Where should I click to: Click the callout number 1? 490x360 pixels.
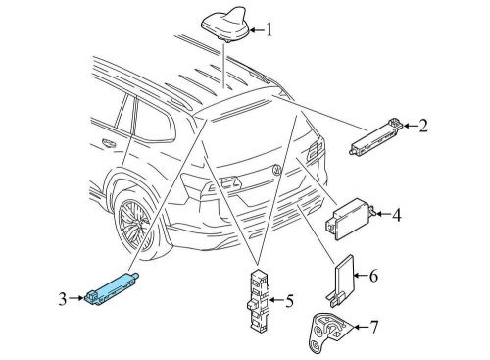(269, 30)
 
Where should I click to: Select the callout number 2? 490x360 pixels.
(423, 126)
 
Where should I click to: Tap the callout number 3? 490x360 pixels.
(63, 299)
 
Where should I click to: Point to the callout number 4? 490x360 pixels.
(396, 215)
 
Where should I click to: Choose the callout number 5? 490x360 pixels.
(289, 301)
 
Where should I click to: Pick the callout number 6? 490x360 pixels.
(373, 276)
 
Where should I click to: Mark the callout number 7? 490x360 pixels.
(373, 327)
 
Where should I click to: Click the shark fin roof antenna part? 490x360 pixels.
(225, 25)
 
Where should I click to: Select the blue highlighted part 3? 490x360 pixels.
(112, 288)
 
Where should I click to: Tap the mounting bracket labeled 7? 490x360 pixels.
(329, 333)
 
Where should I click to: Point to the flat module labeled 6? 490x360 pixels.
(342, 281)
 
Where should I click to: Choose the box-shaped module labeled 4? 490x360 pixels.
(350, 219)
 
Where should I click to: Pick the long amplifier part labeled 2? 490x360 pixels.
(376, 136)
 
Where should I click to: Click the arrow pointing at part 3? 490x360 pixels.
(76, 298)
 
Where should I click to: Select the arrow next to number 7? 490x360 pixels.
(361, 327)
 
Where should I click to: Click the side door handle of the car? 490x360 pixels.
(109, 142)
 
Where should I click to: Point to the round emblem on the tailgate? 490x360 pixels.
(277, 170)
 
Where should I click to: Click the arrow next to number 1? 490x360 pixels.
(257, 30)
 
